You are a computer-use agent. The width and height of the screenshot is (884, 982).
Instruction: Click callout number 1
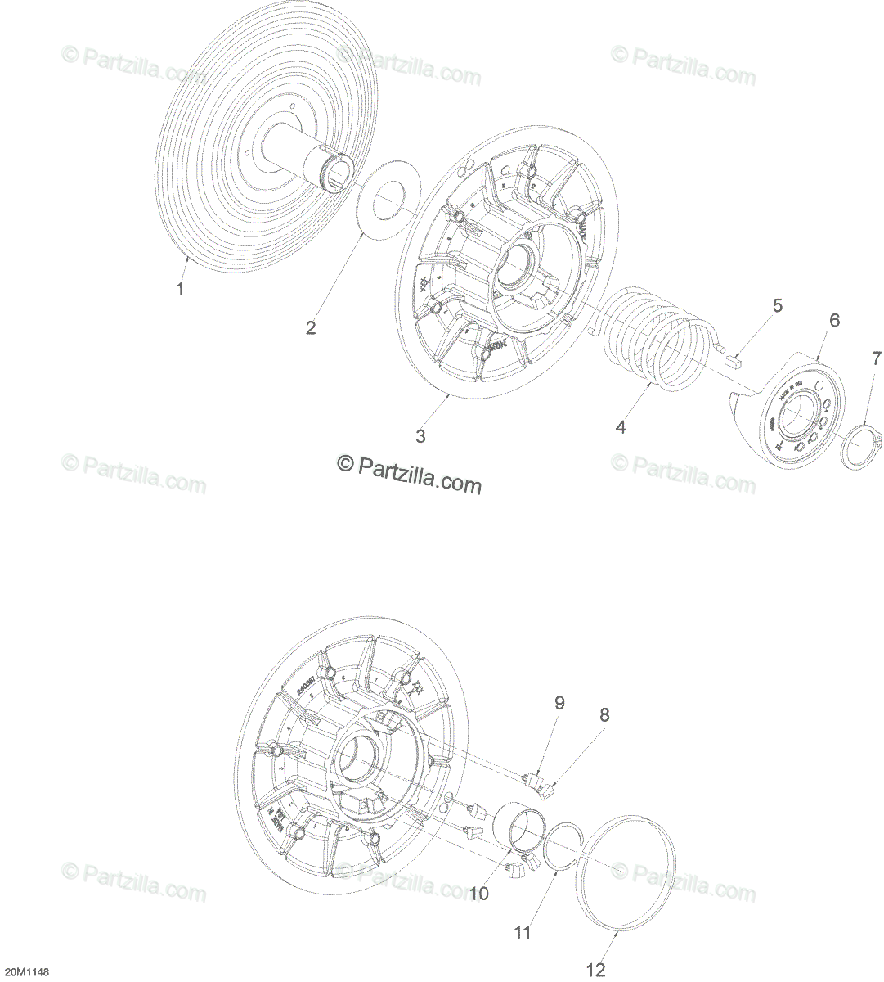coord(181,289)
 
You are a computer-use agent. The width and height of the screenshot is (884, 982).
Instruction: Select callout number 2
coord(311,327)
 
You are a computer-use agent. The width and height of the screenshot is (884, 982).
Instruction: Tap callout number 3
coord(420,436)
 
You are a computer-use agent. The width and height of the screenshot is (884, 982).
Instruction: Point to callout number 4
coord(621,426)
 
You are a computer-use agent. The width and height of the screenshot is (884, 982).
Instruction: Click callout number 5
coord(777,306)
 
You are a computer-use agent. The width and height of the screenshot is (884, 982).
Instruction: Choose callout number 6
coord(835,320)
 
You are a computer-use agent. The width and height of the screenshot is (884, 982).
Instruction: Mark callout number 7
coord(876,358)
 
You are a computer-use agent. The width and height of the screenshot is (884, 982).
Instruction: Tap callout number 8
coord(604,714)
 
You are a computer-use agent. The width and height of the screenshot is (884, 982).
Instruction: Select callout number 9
coord(559,702)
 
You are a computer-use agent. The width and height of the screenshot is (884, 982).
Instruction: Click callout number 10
coord(479,894)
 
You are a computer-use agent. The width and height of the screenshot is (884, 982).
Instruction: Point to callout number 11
coord(522,932)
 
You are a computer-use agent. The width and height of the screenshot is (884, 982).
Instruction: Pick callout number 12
coord(596,971)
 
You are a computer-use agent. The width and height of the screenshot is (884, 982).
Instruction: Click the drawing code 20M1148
coord(26,972)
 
